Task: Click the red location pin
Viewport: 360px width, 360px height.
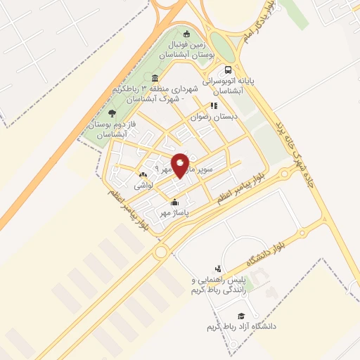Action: (180, 165)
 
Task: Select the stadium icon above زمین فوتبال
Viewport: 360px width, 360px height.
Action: (186, 34)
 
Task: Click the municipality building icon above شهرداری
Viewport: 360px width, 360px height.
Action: (155, 77)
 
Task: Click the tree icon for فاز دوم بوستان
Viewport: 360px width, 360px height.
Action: (112, 113)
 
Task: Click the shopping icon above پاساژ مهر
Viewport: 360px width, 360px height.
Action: (174, 203)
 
